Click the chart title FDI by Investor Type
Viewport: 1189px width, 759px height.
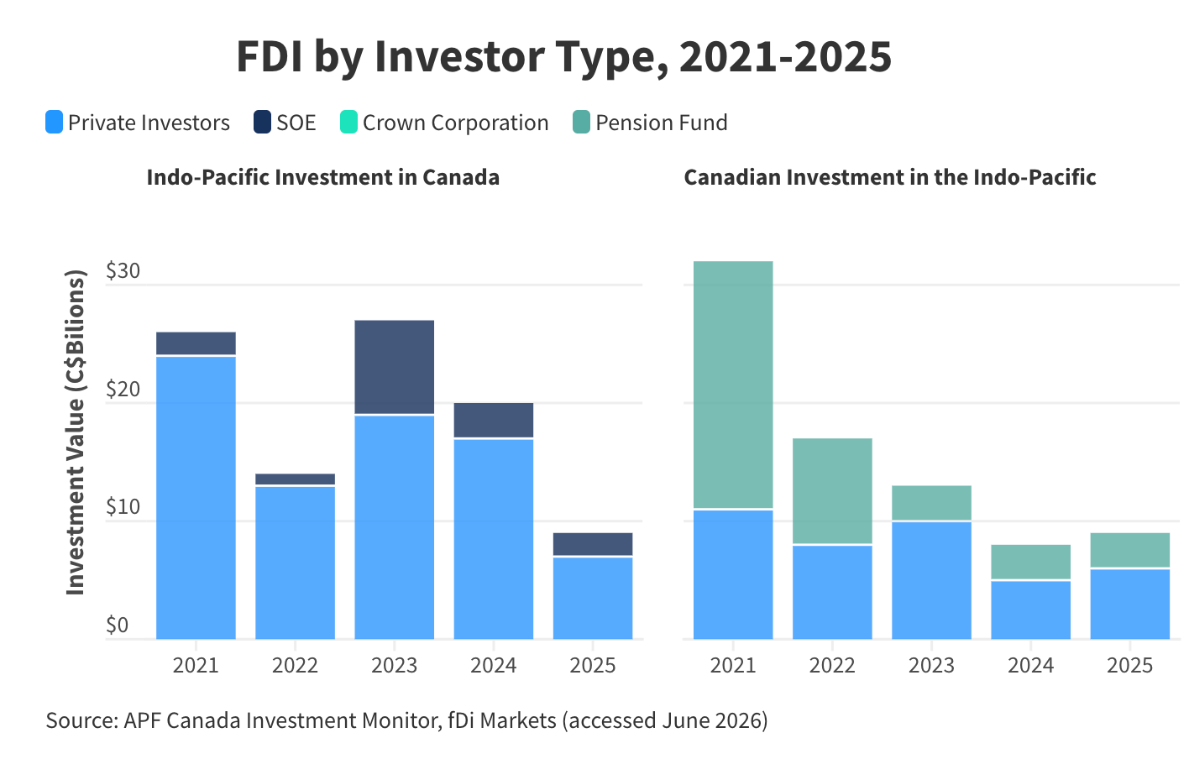pyautogui.click(x=563, y=57)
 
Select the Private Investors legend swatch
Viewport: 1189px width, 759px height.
pyautogui.click(x=54, y=122)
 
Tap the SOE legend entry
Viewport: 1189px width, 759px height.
pyautogui.click(x=285, y=122)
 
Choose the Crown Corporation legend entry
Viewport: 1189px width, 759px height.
pyautogui.click(x=444, y=122)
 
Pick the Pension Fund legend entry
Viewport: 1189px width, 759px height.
pyautogui.click(x=650, y=122)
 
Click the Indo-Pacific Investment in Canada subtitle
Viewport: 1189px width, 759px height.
pyautogui.click(x=323, y=177)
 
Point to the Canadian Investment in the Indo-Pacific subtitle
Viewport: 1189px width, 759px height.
pyautogui.click(x=890, y=177)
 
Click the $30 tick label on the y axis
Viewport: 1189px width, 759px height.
pyautogui.click(x=123, y=270)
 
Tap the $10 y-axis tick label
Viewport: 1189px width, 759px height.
pyautogui.click(x=123, y=507)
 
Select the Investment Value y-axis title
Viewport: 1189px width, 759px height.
pyautogui.click(x=75, y=432)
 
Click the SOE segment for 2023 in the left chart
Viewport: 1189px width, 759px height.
pyautogui.click(x=395, y=367)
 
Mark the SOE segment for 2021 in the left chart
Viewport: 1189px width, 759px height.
pyautogui.click(x=196, y=343)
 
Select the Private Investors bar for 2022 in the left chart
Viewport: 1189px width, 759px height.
pyautogui.click(x=295, y=563)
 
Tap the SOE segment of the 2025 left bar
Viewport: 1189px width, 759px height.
pyautogui.click(x=593, y=544)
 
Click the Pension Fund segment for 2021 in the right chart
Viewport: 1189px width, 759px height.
pyautogui.click(x=733, y=385)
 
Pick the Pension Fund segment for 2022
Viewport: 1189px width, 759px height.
pyautogui.click(x=832, y=491)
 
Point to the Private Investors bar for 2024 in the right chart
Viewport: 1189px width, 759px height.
pyautogui.click(x=1031, y=610)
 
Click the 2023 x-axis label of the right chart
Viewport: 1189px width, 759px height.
pyautogui.click(x=931, y=666)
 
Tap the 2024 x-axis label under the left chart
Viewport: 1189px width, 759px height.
pyautogui.click(x=494, y=666)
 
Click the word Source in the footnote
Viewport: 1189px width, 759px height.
pyautogui.click(x=81, y=720)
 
